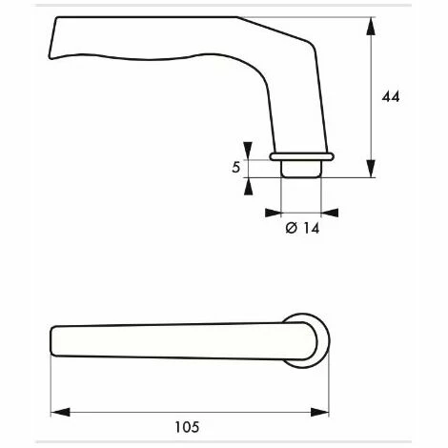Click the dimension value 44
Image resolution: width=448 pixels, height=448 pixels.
390,97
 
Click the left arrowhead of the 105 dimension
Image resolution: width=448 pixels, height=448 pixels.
56,412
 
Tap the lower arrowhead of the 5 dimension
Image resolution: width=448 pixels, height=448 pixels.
249,184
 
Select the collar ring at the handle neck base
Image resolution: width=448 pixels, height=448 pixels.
302,153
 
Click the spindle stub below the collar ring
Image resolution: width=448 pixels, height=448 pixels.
302,168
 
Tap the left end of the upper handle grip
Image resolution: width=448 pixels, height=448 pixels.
51,38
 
